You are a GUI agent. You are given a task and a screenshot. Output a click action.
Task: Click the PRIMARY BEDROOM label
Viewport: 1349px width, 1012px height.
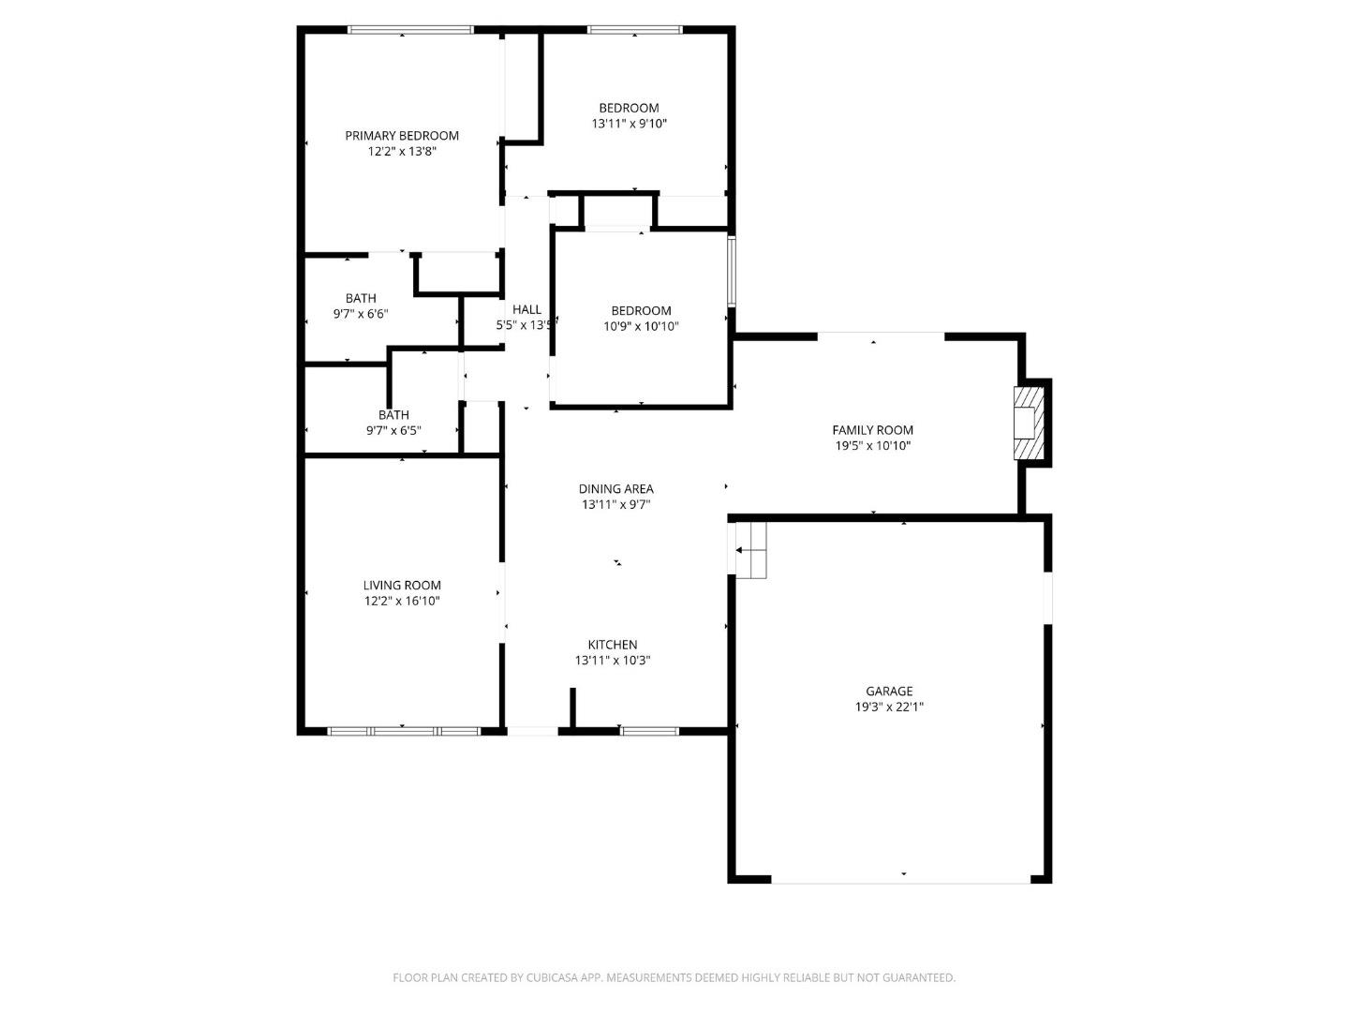tap(401, 136)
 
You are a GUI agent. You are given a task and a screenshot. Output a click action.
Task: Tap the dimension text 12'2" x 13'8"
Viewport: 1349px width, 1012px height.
tap(402, 152)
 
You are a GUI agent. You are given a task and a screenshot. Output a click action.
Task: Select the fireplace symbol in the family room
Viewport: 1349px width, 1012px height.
tap(1027, 423)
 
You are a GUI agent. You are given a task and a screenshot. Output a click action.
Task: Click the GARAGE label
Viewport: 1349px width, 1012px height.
tap(888, 692)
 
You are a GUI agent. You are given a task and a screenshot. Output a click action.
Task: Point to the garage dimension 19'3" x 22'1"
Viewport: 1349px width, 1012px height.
tap(888, 707)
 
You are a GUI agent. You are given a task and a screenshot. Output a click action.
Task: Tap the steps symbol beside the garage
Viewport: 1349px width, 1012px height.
tap(751, 549)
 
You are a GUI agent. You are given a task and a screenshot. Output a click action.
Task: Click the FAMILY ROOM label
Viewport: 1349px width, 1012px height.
tap(872, 430)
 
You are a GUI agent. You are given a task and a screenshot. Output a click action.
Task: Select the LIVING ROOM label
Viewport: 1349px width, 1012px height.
tap(402, 586)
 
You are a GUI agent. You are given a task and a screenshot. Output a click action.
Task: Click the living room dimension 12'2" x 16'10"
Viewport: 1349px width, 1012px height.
tap(402, 602)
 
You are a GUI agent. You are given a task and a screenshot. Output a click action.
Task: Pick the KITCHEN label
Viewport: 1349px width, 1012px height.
tap(613, 645)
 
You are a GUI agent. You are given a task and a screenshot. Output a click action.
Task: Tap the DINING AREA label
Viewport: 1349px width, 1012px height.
tap(615, 489)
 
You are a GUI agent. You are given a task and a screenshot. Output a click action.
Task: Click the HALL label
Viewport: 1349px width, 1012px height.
tap(526, 310)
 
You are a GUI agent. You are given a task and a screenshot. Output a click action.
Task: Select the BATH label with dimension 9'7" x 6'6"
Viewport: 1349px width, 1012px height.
tap(361, 299)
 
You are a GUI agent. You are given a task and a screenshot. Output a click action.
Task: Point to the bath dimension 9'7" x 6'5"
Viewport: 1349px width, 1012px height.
tap(393, 431)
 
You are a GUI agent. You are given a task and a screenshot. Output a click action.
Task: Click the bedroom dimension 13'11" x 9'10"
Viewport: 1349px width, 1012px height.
tap(629, 124)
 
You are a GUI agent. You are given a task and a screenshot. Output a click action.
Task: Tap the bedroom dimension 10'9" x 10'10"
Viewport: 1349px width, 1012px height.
tap(641, 327)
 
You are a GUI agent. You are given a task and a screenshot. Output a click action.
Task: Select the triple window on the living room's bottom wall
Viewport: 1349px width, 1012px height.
tap(404, 731)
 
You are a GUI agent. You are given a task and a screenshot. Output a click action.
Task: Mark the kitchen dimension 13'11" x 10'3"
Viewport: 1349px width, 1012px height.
tap(613, 661)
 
